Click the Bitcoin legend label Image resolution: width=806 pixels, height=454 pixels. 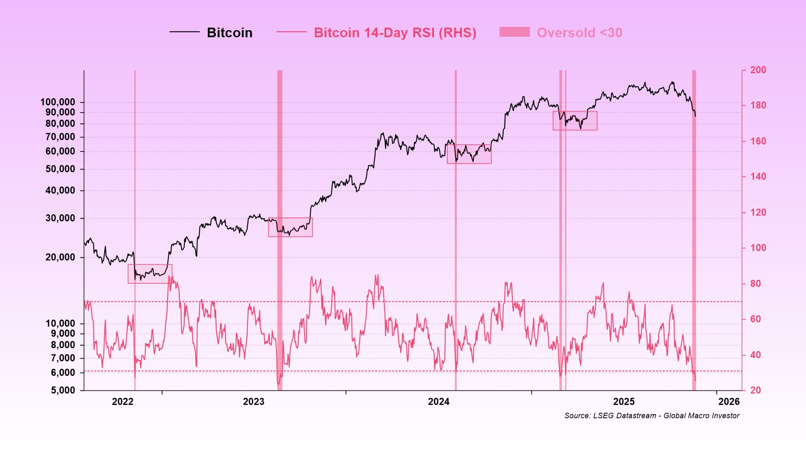(x=229, y=33)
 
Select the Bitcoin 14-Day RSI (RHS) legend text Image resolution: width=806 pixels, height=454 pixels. (x=395, y=33)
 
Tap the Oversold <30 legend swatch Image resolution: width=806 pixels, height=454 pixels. (x=514, y=32)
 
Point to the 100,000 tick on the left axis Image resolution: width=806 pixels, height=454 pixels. (x=58, y=102)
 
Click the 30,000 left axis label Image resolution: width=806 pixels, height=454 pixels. (x=60, y=218)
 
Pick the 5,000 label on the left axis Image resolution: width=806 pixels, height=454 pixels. (x=63, y=390)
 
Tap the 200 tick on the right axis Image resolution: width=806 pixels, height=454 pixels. (x=758, y=70)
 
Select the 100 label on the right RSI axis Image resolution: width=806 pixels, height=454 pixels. (x=758, y=248)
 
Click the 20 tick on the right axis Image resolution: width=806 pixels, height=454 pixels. (x=755, y=390)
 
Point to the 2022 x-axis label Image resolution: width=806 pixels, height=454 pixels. (x=122, y=402)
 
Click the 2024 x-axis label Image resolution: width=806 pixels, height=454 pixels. (x=439, y=402)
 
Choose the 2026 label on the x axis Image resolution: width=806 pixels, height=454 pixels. (x=729, y=402)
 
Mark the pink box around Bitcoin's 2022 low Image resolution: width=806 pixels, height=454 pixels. (x=150, y=274)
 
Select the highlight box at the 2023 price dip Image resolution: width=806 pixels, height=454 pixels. (x=290, y=227)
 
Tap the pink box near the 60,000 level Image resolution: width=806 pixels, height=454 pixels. (x=469, y=154)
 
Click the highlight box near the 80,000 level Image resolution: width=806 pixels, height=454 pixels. (x=575, y=121)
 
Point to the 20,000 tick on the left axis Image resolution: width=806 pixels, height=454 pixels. (x=60, y=257)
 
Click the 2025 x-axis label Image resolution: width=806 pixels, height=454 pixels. (x=624, y=402)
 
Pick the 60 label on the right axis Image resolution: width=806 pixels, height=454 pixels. (x=755, y=319)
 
